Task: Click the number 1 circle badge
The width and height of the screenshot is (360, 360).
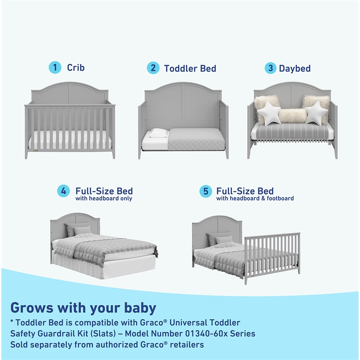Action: pos(55,68)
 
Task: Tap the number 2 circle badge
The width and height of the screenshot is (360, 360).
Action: pos(153,68)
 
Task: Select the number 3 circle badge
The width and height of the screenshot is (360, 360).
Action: pos(270,68)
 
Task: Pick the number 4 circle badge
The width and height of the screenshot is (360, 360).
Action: pos(63,191)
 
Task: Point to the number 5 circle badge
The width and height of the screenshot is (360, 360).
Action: pos(206,191)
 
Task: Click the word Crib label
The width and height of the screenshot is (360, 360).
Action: pos(76,68)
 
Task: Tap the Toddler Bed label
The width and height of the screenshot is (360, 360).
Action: pos(190,68)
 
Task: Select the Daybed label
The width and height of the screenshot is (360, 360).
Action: pos(295,68)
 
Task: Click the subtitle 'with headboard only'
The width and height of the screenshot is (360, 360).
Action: pos(103,198)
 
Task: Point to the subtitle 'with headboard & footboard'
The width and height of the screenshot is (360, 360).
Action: pos(255,198)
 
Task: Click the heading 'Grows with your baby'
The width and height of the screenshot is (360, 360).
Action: pos(83,308)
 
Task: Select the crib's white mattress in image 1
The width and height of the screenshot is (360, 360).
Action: pos(70,140)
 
